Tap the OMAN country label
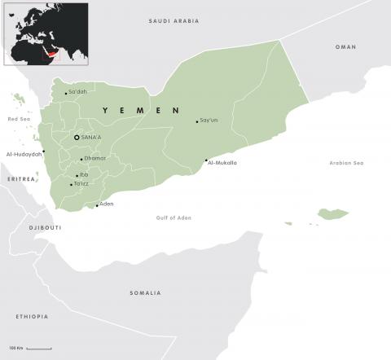[345, 47]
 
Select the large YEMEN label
[140, 109]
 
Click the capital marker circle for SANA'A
[77, 138]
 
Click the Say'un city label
[209, 121]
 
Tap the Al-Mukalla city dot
[206, 160]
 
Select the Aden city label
[107, 204]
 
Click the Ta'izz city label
[81, 185]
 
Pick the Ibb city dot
[77, 175]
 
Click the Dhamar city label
[95, 158]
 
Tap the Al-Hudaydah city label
[24, 153]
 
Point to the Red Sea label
[18, 119]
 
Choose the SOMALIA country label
[145, 292]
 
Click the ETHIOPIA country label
[32, 316]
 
